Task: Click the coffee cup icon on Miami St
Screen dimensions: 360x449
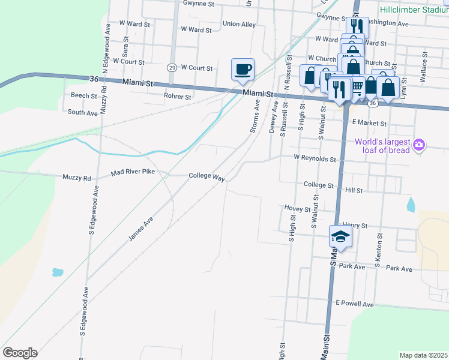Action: tap(243, 69)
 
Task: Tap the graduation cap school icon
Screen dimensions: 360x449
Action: tap(340, 236)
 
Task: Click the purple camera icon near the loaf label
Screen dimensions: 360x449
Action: tap(419, 145)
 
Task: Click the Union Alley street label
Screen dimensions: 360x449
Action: tap(239, 24)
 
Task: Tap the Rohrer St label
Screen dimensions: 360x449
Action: tap(177, 96)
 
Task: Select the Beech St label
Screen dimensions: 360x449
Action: tap(84, 95)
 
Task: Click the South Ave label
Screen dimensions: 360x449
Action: tap(83, 112)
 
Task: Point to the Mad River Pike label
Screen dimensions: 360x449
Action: tap(133, 173)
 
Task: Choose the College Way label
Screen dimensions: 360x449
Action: tap(206, 176)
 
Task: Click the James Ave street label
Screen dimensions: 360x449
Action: tap(140, 230)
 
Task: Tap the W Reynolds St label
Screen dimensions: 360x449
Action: tap(315, 158)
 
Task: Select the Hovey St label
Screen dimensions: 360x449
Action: tap(298, 209)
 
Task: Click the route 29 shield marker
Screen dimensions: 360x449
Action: tap(172, 67)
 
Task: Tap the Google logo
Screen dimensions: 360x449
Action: tap(20, 353)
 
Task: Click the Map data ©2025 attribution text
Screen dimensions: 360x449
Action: tap(423, 355)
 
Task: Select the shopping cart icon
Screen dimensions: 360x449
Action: tap(357, 86)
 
